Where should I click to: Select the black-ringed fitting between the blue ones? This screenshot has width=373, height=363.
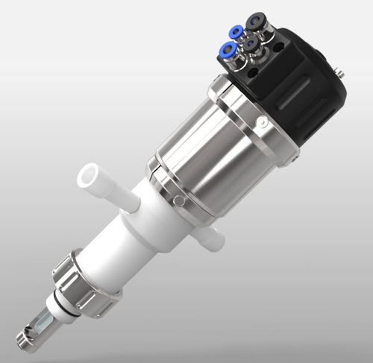click(251, 43)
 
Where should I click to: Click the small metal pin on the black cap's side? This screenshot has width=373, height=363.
click(340, 72)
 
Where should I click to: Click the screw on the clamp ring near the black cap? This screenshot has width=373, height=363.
click(262, 122)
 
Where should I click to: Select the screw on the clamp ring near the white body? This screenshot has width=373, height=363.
click(178, 201)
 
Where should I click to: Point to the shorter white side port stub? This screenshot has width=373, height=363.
click(213, 238)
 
